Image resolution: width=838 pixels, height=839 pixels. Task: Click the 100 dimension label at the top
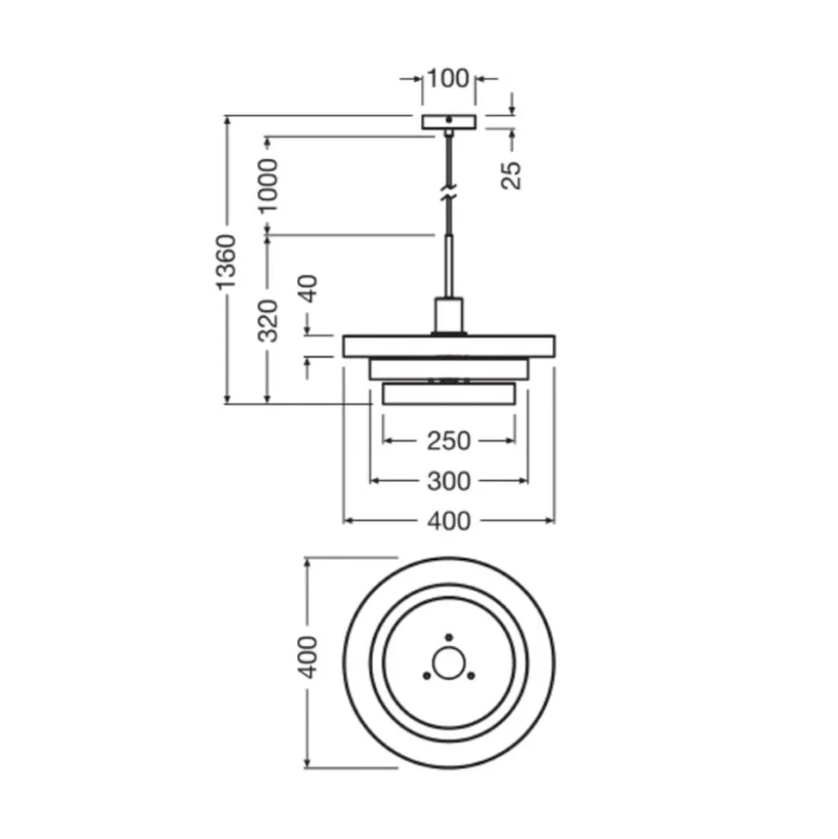pyautogui.click(x=448, y=79)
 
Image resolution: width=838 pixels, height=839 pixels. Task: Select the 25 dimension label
pyautogui.click(x=511, y=175)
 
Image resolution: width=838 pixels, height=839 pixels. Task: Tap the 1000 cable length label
pyautogui.click(x=268, y=186)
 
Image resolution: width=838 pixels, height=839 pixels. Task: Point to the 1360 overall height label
pyautogui.click(x=226, y=263)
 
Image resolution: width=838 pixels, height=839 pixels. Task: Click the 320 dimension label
pyautogui.click(x=268, y=321)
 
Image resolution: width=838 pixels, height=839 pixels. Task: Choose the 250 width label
pyautogui.click(x=448, y=442)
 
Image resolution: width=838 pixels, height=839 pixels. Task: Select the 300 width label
pyautogui.click(x=448, y=481)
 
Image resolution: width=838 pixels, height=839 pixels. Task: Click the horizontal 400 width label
pyautogui.click(x=448, y=521)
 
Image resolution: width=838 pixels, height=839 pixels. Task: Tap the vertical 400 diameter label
pyautogui.click(x=308, y=658)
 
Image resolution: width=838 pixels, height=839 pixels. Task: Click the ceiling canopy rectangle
pyautogui.click(x=448, y=122)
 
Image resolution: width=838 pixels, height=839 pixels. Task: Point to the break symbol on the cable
pyautogui.click(x=448, y=193)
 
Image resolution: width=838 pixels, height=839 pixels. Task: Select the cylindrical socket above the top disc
pyautogui.click(x=448, y=315)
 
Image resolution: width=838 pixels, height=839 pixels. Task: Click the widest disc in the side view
pyautogui.click(x=448, y=346)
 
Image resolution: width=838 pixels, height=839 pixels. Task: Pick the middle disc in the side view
pyautogui.click(x=448, y=369)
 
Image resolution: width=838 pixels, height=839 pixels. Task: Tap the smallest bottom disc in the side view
pyautogui.click(x=448, y=394)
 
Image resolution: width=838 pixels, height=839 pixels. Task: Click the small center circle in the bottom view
pyautogui.click(x=448, y=664)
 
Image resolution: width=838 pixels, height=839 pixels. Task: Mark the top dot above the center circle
pyautogui.click(x=449, y=638)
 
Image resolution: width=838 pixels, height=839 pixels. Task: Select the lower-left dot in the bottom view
pyautogui.click(x=427, y=677)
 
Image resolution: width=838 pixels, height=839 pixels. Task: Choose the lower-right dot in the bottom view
pyautogui.click(x=471, y=677)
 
